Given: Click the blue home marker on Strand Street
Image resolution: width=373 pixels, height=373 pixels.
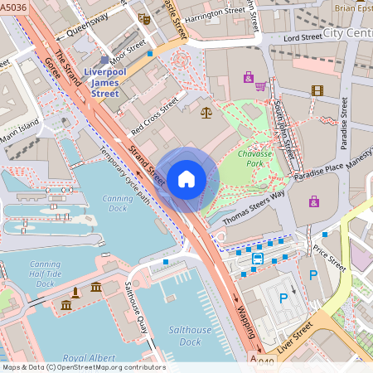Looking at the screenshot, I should click(186, 178).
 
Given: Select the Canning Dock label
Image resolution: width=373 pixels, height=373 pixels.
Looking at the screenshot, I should click(117, 204).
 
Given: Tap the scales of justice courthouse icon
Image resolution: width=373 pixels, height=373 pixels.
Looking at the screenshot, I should click(206, 111).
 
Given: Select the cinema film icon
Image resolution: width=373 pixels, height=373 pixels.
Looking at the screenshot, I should click(317, 90).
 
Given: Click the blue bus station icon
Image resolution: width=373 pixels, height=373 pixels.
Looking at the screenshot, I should click(258, 259).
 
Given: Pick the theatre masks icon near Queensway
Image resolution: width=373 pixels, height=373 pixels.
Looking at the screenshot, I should click(144, 18).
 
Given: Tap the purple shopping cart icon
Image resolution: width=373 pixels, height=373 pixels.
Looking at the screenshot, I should click(260, 85).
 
